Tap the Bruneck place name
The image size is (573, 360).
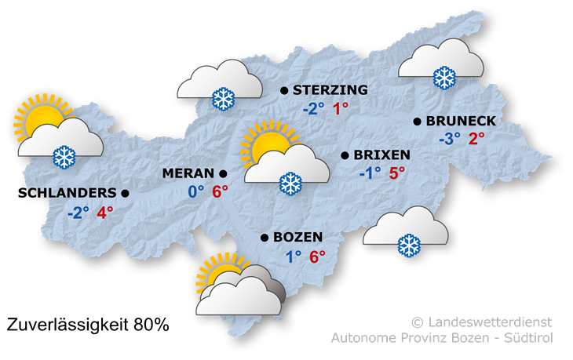point(461,121)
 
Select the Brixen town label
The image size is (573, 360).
point(381,155)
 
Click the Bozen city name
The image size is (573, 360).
point(299,237)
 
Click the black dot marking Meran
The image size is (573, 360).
point(223,173)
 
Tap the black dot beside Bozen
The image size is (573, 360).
point(265,237)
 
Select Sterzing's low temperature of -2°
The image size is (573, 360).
point(313,110)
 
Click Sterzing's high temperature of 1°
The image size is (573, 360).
point(341,110)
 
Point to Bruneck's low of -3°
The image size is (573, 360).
point(450,140)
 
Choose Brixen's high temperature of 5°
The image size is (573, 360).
point(397,173)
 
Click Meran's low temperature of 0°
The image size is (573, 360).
point(195,191)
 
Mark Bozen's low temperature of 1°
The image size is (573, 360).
point(294,256)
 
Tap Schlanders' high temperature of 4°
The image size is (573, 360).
point(105,212)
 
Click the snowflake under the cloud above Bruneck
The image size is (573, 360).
point(444,78)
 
